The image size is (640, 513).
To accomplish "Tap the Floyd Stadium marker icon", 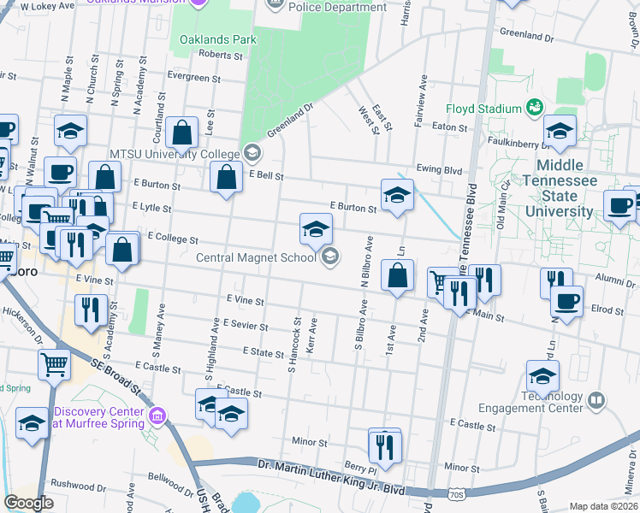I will click(535, 108).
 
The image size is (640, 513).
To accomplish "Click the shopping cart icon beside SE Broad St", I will click(55, 364).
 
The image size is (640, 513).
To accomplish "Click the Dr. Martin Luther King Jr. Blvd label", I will click(330, 467).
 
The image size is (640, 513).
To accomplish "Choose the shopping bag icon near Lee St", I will click(182, 133).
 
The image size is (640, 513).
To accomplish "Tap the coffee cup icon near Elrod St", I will click(566, 301).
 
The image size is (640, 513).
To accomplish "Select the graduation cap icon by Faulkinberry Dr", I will click(560, 131).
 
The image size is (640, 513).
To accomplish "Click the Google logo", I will click(28, 502).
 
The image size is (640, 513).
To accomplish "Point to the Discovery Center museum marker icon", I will click(157, 416).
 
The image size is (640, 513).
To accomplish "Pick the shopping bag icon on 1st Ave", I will click(397, 275).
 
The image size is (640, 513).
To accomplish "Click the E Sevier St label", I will click(244, 326).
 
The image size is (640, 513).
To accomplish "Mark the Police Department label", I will click(337, 8).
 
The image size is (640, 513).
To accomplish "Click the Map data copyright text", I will click(602, 506).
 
